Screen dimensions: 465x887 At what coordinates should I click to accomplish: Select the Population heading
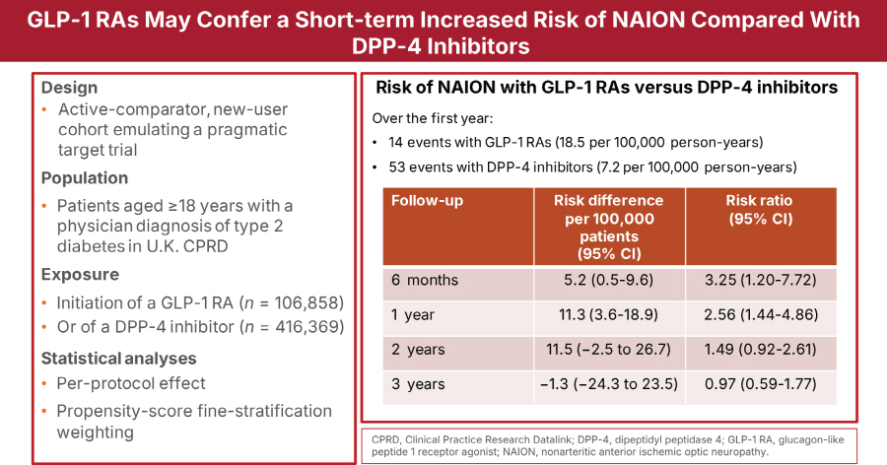[x=85, y=178]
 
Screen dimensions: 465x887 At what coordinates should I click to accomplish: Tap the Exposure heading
[x=78, y=274]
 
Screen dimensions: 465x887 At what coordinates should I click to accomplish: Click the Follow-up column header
[x=428, y=201]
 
